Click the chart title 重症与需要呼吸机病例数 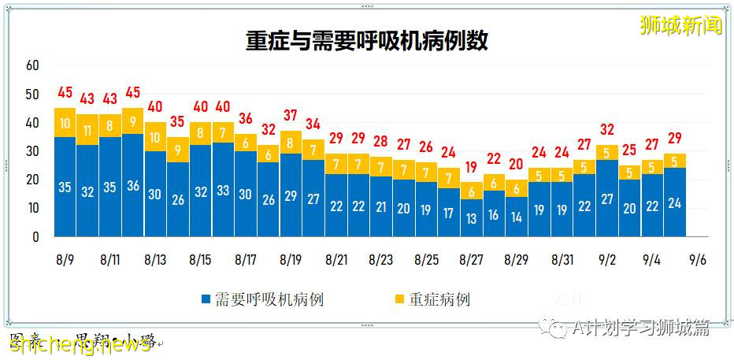(366, 41)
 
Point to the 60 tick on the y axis (32, 65)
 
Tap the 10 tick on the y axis (32, 208)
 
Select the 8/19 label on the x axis (291, 259)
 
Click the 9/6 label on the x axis (697, 259)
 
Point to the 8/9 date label (65, 259)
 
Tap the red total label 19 (472, 167)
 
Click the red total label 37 (291, 116)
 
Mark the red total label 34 (313, 124)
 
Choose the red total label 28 (381, 142)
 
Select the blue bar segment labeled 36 (133, 185)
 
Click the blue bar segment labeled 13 (472, 218)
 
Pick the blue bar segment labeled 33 (224, 190)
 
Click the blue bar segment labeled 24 (675, 202)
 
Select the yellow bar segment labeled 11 (87, 130)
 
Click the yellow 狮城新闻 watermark (681, 25)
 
